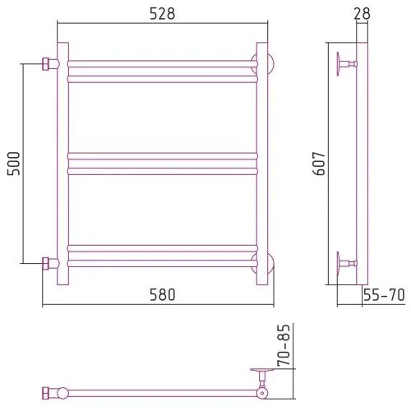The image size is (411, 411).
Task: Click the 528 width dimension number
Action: [x=162, y=14]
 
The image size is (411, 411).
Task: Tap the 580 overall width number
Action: [x=162, y=295]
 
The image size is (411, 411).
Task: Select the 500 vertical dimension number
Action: [x=14, y=164]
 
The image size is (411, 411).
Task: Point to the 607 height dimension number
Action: [x=319, y=164]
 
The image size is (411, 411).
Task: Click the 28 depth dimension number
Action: [x=362, y=14]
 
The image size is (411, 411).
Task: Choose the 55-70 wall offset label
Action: [x=384, y=295]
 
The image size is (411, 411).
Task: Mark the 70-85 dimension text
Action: [x=284, y=345]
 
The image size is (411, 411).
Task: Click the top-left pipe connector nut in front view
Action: [x=45, y=64]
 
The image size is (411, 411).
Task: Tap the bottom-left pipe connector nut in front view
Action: [x=45, y=264]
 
